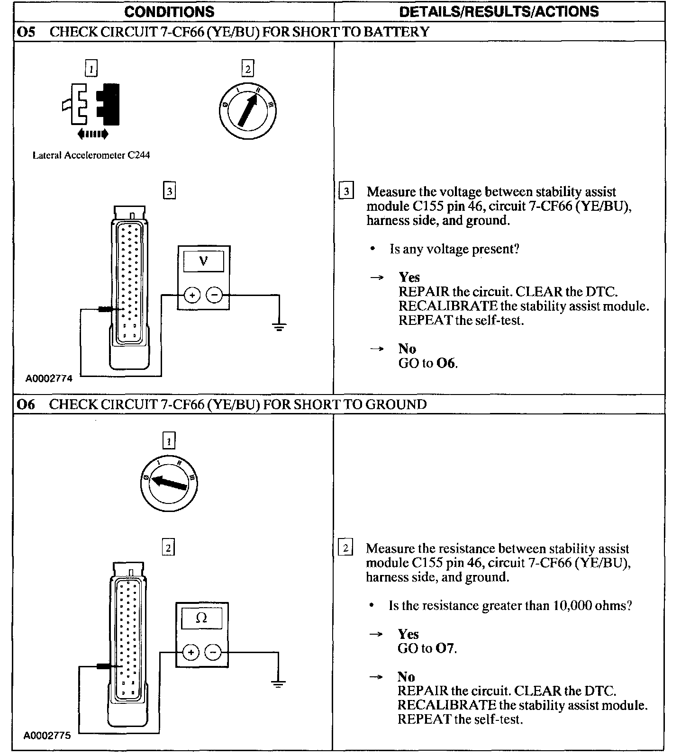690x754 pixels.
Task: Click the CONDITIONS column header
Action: click(169, 11)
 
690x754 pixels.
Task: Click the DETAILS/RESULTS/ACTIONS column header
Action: click(499, 11)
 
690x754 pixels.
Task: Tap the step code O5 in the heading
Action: click(26, 32)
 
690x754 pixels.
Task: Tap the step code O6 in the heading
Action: click(26, 404)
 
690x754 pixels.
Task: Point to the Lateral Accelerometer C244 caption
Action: click(91, 155)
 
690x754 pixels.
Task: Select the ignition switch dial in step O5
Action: click(247, 112)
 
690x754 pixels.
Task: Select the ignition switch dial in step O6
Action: click(169, 484)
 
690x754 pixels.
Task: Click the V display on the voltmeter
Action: click(203, 261)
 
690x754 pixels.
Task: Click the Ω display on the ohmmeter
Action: click(202, 618)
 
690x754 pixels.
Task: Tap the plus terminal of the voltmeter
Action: click(192, 296)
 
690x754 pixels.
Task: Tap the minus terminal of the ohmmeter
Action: click(213, 653)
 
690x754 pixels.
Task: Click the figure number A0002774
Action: click(49, 379)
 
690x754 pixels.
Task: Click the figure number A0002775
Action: click(47, 736)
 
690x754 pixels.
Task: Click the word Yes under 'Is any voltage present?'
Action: click(409, 278)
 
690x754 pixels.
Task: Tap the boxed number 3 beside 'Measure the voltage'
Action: click(346, 192)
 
